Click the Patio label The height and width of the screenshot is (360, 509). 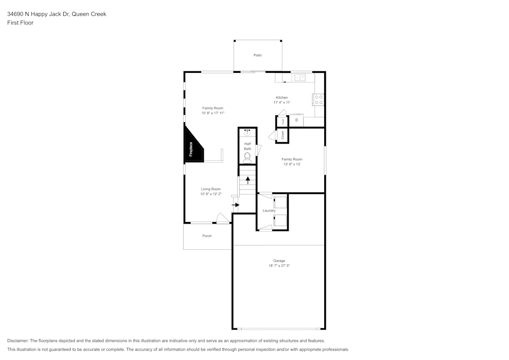pyautogui.click(x=258, y=55)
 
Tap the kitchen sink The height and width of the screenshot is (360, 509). pyautogui.click(x=299, y=77)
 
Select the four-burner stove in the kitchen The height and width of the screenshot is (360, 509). pyautogui.click(x=319, y=99)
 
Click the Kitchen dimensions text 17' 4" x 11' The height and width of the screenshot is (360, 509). pyautogui.click(x=281, y=102)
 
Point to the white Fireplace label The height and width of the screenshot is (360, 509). pyautogui.click(x=191, y=149)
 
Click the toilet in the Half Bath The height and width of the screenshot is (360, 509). pyautogui.click(x=247, y=157)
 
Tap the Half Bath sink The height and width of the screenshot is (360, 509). pyautogui.click(x=247, y=132)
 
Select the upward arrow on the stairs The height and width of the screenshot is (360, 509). pyautogui.click(x=248, y=180)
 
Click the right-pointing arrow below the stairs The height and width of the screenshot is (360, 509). pyautogui.click(x=236, y=205)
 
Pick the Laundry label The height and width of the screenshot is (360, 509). pyautogui.click(x=269, y=210)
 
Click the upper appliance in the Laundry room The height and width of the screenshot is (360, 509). pyautogui.click(x=280, y=202)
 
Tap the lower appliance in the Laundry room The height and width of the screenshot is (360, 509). pyautogui.click(x=280, y=220)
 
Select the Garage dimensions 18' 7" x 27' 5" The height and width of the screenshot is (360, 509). pyautogui.click(x=279, y=266)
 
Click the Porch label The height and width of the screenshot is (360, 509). pyautogui.click(x=207, y=236)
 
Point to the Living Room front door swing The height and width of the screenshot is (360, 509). pyautogui.click(x=222, y=218)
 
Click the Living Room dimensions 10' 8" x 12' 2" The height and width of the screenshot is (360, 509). pyautogui.click(x=211, y=194)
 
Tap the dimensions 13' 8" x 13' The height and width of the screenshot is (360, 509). pyautogui.click(x=292, y=164)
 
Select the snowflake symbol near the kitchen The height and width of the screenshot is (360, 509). pyautogui.click(x=296, y=120)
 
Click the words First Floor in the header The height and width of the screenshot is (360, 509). pyautogui.click(x=20, y=23)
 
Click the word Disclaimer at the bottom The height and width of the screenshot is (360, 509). pyautogui.click(x=18, y=341)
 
